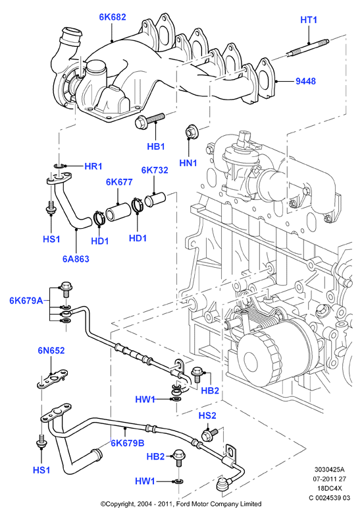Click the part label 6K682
(x=113, y=17)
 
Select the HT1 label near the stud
(x=309, y=20)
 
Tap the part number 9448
(x=305, y=81)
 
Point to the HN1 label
(x=188, y=163)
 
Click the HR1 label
(x=93, y=166)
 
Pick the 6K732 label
(x=155, y=170)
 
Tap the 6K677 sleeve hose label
(x=119, y=182)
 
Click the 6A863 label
(x=76, y=258)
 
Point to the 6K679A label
(x=26, y=301)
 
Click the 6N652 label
(x=51, y=351)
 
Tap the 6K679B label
(x=128, y=443)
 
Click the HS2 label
(x=207, y=415)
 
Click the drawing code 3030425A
(x=330, y=470)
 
